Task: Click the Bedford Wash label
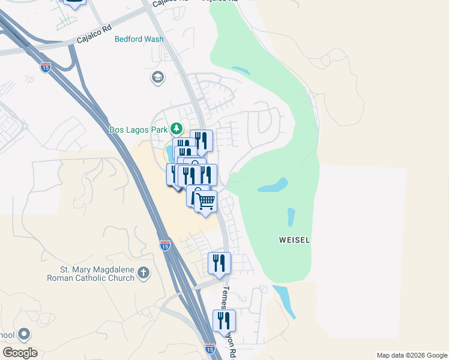click(139, 39)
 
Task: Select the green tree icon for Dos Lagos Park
click(176, 128)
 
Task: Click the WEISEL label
click(295, 240)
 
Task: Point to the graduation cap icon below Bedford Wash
click(157, 77)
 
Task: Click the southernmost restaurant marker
click(224, 320)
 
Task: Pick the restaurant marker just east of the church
click(220, 263)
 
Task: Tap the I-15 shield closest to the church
click(165, 245)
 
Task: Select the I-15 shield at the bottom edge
click(209, 348)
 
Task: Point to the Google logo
click(20, 353)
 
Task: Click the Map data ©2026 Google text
click(411, 355)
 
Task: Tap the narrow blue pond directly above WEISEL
click(291, 216)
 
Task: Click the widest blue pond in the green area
click(273, 185)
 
